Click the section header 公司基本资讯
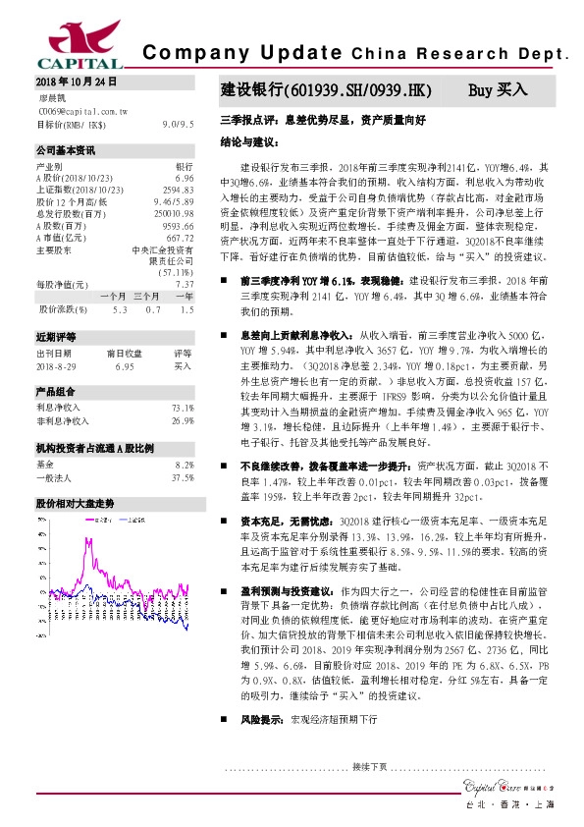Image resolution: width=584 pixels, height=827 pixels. coord(66,151)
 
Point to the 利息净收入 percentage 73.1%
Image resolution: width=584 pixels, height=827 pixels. coord(182,407)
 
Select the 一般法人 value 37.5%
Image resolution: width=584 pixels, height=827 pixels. coord(182,477)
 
